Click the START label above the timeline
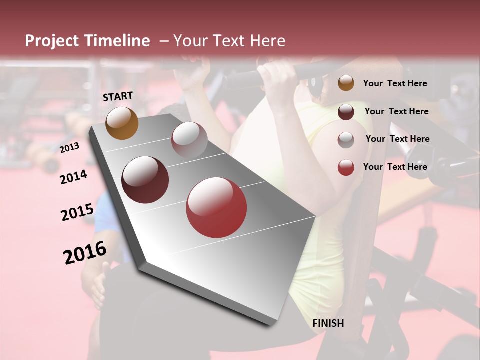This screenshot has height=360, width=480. click(118, 96)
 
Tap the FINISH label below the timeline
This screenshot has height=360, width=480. click(328, 323)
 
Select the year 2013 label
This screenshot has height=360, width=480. click(69, 148)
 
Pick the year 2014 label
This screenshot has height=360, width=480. click(74, 177)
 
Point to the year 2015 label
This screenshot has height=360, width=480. click(77, 212)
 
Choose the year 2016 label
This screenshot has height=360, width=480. click(85, 253)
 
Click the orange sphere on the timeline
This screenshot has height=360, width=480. click(122, 123)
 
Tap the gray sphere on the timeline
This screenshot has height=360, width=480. click(189, 139)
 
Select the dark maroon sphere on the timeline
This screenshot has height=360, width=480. click(145, 180)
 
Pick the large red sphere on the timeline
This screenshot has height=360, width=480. click(216, 207)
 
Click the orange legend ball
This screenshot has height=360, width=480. click(346, 83)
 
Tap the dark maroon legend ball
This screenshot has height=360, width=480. click(346, 112)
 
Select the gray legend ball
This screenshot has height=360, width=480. click(346, 140)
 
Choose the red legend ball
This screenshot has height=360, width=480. click(346, 167)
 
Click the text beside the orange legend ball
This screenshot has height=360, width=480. click(395, 83)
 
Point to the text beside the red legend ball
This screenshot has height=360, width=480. click(395, 167)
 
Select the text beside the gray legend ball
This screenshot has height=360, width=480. click(397, 139)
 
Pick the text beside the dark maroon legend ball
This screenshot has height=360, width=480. click(396, 111)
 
